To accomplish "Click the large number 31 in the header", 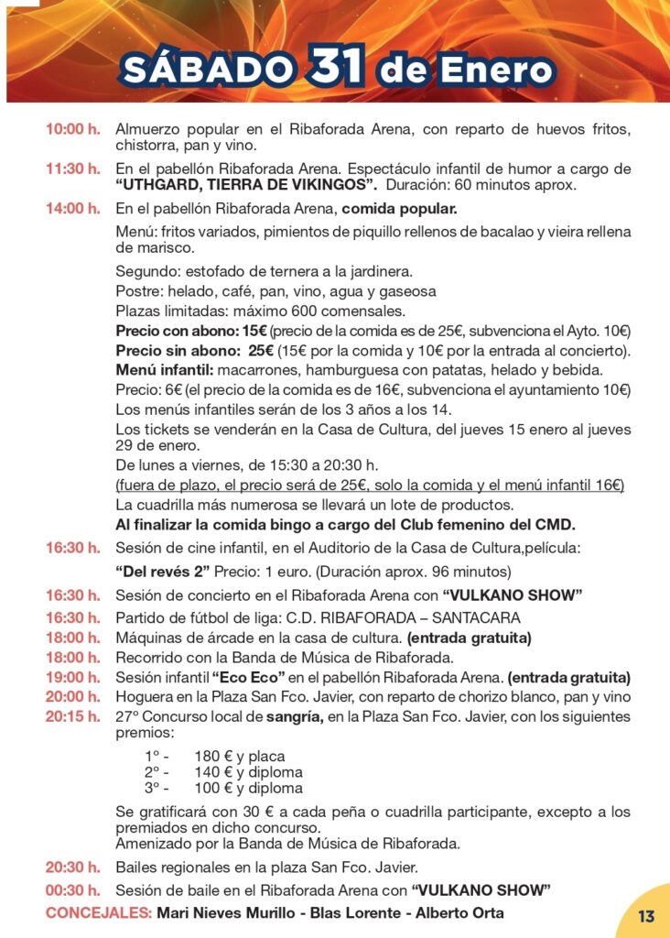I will [x=339, y=65].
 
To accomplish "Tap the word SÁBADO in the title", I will [x=209, y=69].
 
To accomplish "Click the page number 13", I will [x=646, y=915].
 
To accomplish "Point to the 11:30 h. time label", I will [x=73, y=169].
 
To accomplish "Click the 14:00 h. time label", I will [x=73, y=209].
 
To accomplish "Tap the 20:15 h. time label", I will [x=73, y=716].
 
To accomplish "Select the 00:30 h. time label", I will [x=73, y=889].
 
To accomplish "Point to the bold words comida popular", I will [x=398, y=209].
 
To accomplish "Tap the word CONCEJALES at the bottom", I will [x=98, y=913].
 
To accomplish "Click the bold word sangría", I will [x=290, y=716].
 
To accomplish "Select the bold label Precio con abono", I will [x=178, y=331].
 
